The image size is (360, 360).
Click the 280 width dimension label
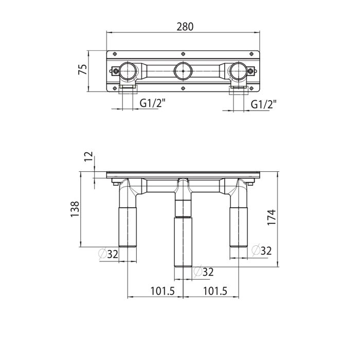click(x=185, y=27)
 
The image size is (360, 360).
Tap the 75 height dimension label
click(x=83, y=69)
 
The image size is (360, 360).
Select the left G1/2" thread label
click(x=152, y=104)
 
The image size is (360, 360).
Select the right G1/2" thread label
click(x=263, y=104)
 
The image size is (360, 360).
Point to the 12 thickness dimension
click(x=88, y=156)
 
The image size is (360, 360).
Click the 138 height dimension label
click(x=75, y=209)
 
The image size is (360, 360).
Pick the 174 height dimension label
click(x=272, y=217)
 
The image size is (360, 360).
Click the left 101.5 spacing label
click(x=163, y=291)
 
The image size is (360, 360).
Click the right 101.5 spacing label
click(x=215, y=291)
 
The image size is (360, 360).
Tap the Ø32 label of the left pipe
click(x=109, y=254)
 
